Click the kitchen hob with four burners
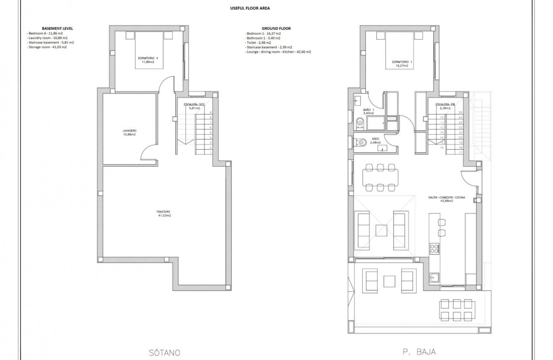coord(434,248)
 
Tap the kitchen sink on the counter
coord(434,277)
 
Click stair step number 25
coord(460,112)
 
